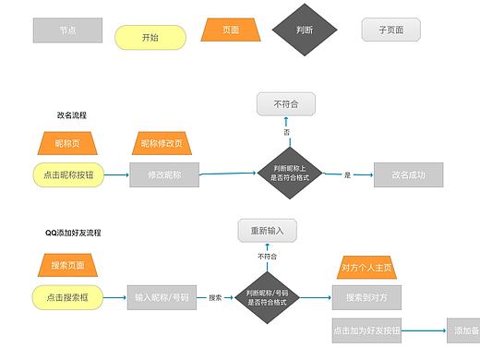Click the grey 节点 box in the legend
coord(67,30)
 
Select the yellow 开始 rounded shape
coord(150,38)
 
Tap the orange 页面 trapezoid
coord(231,30)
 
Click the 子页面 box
coord(390,30)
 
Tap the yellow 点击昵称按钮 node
coord(69,174)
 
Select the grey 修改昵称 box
coord(164,174)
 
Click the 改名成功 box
coord(408,174)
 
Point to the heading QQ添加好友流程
coord(74,233)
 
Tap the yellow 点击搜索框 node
coord(68,297)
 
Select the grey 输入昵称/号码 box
coord(162,297)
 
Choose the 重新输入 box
coord(267,230)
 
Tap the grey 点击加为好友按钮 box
coord(366,330)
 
